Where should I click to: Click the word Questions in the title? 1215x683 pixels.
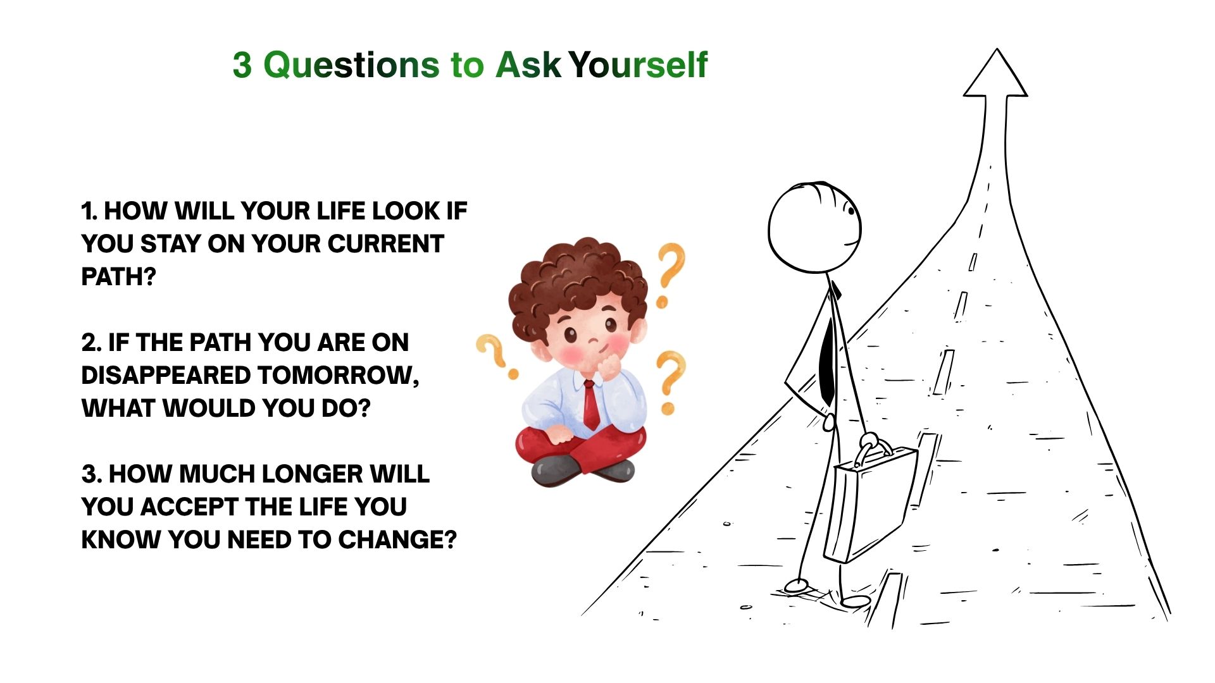[351, 65]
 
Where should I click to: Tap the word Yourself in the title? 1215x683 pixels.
[638, 65]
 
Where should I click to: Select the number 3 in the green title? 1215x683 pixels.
[242, 65]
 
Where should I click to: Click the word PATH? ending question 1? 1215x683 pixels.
[118, 277]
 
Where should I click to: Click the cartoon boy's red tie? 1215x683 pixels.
[591, 405]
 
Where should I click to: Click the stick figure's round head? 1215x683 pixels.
[815, 228]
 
